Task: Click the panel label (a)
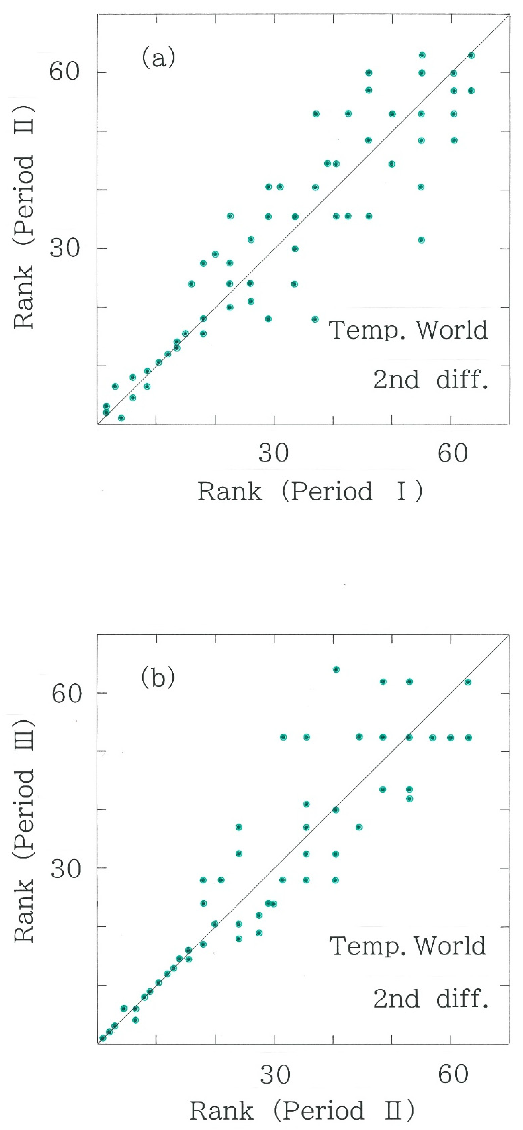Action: point(158,58)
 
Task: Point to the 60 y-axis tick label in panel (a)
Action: point(65,71)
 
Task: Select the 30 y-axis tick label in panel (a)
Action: point(65,248)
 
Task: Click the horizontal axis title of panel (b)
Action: point(302,1111)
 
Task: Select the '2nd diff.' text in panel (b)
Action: point(430,999)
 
